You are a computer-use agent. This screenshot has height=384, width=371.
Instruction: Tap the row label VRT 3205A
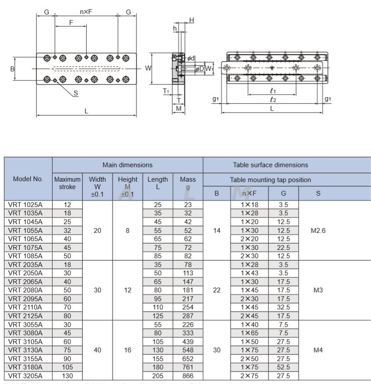tap(26, 376)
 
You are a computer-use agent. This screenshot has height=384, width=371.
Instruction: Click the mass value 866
tap(188, 376)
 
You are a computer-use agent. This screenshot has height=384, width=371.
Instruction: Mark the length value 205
tap(158, 376)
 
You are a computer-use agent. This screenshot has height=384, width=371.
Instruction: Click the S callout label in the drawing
tap(76, 93)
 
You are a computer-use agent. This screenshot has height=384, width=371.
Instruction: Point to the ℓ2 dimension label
tap(272, 100)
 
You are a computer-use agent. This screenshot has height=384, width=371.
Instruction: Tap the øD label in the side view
tap(199, 69)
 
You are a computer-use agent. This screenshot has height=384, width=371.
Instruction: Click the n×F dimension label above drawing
tap(86, 12)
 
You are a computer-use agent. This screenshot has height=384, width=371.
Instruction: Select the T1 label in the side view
tap(166, 91)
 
